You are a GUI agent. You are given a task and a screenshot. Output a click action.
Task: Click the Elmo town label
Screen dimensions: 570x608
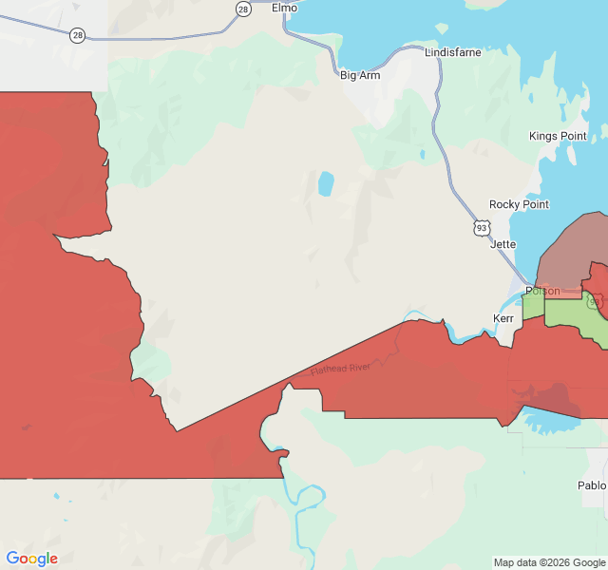284,8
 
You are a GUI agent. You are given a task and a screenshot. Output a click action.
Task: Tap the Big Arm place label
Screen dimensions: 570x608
361,75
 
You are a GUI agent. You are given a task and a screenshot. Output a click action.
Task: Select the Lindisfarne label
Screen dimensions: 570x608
453,52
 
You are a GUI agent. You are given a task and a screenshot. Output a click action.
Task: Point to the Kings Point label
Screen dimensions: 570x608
558,136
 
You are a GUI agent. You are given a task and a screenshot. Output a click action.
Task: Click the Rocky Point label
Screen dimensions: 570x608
519,204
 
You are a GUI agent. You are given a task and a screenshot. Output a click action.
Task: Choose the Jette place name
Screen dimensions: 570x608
503,244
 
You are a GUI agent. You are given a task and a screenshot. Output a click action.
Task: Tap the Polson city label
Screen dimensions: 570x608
542,291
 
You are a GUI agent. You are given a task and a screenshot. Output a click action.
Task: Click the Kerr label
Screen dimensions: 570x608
503,318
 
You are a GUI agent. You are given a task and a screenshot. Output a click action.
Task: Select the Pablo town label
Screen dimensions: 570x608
591,485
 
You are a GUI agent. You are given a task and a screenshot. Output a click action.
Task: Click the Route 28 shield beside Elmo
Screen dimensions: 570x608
243,9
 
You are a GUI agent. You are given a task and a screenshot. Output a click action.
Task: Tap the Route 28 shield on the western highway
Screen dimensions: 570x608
77,34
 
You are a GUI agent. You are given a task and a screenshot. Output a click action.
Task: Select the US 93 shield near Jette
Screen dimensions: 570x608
482,228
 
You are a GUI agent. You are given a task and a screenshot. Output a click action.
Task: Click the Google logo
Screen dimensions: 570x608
32,559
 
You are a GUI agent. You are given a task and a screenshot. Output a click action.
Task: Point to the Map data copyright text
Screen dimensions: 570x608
549,562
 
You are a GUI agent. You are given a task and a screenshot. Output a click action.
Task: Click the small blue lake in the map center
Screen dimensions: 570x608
326,183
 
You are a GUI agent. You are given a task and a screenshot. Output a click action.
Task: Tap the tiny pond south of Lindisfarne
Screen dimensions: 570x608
422,154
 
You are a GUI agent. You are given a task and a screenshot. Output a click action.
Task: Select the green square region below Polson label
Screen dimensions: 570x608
532,306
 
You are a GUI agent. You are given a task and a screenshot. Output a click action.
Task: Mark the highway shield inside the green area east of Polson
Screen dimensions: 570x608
595,302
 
